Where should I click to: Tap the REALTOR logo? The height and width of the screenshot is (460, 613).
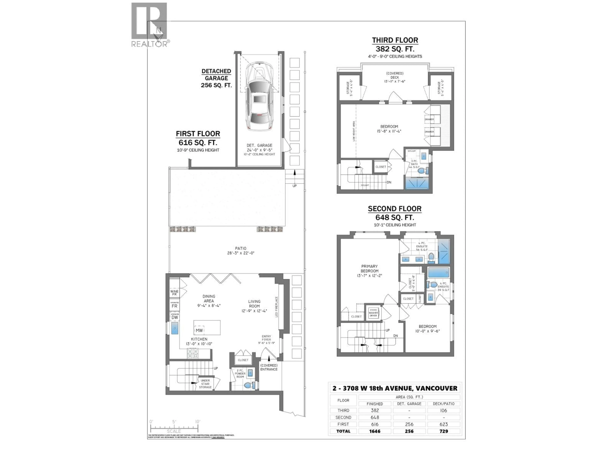click(x=149, y=25)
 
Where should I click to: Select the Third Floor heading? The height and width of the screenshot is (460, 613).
click(x=395, y=40)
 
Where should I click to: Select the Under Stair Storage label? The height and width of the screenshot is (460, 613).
click(x=205, y=384)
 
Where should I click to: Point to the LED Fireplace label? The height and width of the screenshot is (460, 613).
click(x=276, y=307)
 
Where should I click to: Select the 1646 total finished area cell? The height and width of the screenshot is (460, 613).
click(x=375, y=431)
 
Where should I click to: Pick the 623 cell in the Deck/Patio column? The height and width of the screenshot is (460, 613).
click(x=443, y=424)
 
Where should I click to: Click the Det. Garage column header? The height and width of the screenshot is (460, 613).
click(x=409, y=404)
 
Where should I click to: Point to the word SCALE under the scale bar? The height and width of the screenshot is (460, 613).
click(x=174, y=431)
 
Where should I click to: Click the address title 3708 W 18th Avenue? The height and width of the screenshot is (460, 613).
click(x=395, y=388)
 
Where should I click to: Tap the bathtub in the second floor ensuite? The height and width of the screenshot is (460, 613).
click(x=438, y=272)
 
